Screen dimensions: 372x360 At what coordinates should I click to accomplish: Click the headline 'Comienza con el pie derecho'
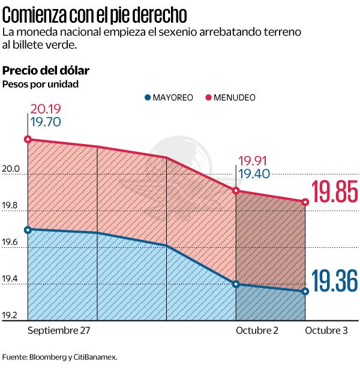click(94, 13)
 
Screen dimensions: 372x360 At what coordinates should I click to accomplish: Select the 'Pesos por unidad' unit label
click(40, 84)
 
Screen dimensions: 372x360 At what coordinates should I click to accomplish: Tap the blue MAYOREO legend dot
click(148, 97)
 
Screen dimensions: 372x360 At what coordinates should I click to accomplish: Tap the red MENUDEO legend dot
click(208, 97)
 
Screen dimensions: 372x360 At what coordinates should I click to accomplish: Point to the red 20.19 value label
click(46, 110)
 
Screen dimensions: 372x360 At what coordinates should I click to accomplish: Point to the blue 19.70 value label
click(46, 122)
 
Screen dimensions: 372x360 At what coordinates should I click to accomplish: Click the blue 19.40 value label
click(253, 174)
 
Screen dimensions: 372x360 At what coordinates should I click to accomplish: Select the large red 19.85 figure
click(335, 193)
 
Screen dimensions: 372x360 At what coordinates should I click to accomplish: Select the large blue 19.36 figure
click(335, 281)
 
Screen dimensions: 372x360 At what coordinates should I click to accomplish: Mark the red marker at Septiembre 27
click(28, 139)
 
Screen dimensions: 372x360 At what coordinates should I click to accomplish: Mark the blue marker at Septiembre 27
click(28, 229)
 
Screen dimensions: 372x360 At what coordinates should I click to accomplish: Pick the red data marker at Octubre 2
click(236, 190)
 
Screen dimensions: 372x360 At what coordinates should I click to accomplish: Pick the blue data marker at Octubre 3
click(305, 292)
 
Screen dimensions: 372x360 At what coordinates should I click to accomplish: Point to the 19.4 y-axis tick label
click(11, 279)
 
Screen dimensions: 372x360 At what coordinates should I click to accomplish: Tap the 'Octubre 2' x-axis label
click(256, 331)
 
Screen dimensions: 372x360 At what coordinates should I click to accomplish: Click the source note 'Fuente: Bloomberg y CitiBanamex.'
click(59, 356)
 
